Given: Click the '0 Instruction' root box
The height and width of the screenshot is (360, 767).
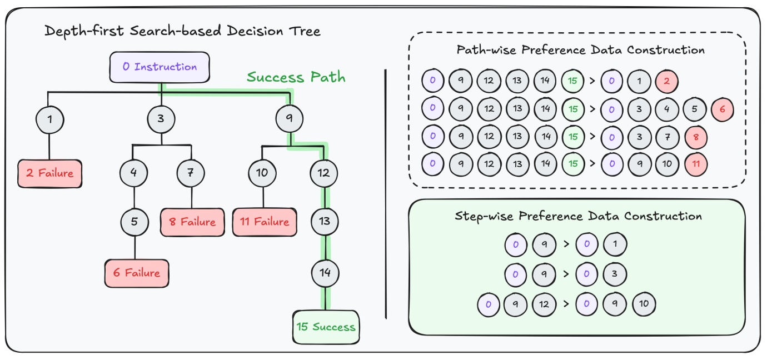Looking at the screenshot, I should (x=160, y=67).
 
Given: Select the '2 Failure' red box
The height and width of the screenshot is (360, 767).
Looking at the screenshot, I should (x=49, y=173).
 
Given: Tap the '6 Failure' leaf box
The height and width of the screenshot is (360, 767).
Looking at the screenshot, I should (x=137, y=273).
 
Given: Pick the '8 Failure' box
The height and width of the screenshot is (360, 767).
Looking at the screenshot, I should (x=192, y=222).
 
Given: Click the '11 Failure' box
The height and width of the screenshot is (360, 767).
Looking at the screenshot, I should (x=265, y=222).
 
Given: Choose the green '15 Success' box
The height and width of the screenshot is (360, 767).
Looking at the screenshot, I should (x=326, y=327).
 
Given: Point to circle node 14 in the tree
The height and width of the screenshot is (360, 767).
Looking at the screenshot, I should (x=325, y=272).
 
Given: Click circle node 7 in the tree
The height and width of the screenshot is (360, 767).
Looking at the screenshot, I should (x=191, y=172).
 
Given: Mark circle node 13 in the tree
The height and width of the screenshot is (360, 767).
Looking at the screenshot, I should (x=325, y=221).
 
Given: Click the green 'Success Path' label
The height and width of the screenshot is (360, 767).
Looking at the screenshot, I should (x=296, y=77).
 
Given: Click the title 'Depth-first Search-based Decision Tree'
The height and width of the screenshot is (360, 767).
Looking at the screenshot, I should (x=182, y=31).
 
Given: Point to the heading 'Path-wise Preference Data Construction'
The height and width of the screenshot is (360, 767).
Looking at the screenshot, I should (x=580, y=50).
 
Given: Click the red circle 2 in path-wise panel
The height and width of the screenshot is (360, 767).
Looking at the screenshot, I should (x=666, y=82).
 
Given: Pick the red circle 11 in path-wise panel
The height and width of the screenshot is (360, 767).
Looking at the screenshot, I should (x=695, y=164).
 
